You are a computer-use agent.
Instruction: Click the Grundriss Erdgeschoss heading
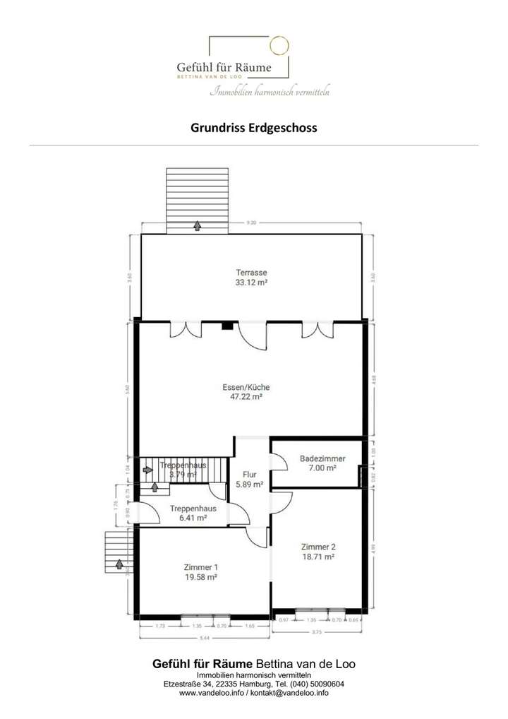click(x=254, y=129)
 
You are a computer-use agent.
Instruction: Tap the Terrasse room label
click(x=252, y=272)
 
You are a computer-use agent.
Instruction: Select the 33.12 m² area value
click(x=252, y=282)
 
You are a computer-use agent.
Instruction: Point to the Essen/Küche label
click(x=246, y=387)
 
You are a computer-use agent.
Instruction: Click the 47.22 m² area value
click(x=246, y=398)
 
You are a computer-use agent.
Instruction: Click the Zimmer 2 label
click(x=317, y=547)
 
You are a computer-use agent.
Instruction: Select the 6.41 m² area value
click(x=188, y=518)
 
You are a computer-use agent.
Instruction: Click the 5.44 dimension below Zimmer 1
click(x=205, y=638)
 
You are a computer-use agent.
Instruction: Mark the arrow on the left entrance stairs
click(x=119, y=564)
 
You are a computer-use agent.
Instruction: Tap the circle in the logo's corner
click(x=280, y=46)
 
